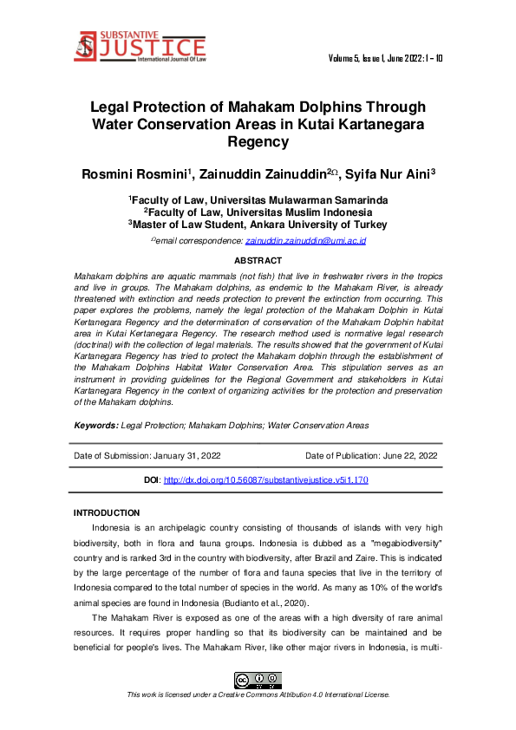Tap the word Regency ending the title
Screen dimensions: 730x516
(258, 140)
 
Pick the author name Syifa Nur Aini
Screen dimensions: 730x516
(389, 174)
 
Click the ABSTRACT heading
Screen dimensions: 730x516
(258, 261)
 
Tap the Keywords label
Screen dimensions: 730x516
(96, 426)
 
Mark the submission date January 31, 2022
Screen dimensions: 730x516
(186, 454)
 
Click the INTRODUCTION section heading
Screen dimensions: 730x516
(107, 513)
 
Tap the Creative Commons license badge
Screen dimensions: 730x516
(258, 681)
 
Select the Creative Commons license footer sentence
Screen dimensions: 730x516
(258, 694)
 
